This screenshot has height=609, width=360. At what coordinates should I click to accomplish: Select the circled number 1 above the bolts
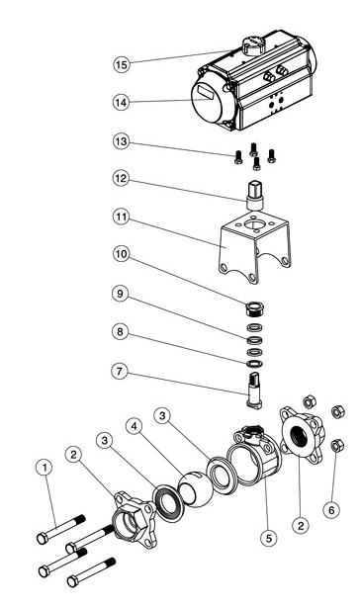44,466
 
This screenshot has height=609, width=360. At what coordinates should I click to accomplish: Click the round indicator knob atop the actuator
251,45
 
